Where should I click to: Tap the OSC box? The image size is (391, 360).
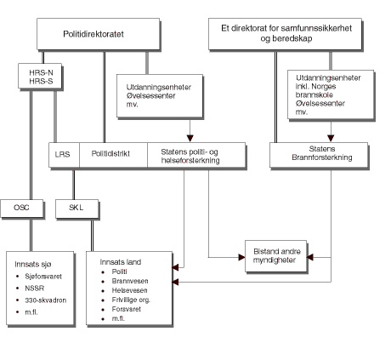21,207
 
